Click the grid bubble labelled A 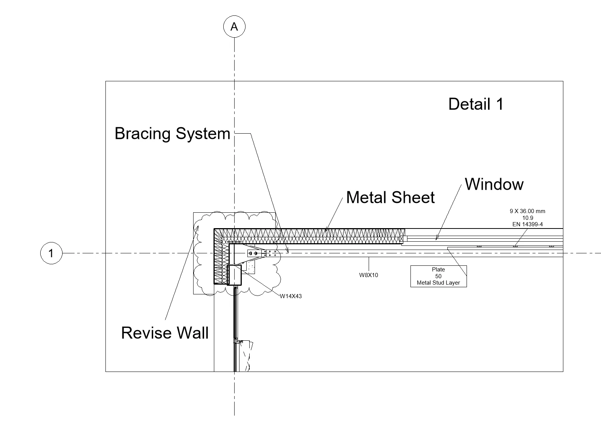(x=234, y=27)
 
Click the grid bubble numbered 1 (x=51, y=253)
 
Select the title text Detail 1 (x=476, y=104)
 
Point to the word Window (x=494, y=184)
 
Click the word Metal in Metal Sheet (x=366, y=198)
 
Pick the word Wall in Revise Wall (x=193, y=333)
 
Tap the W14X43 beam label (x=291, y=296)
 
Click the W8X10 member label (x=368, y=275)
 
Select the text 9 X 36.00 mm (x=527, y=211)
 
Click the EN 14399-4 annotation (x=527, y=224)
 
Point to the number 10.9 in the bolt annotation (x=527, y=218)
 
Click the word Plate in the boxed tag (x=438, y=270)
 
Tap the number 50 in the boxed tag (x=438, y=276)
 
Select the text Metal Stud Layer (x=438, y=283)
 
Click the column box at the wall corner (x=234, y=275)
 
